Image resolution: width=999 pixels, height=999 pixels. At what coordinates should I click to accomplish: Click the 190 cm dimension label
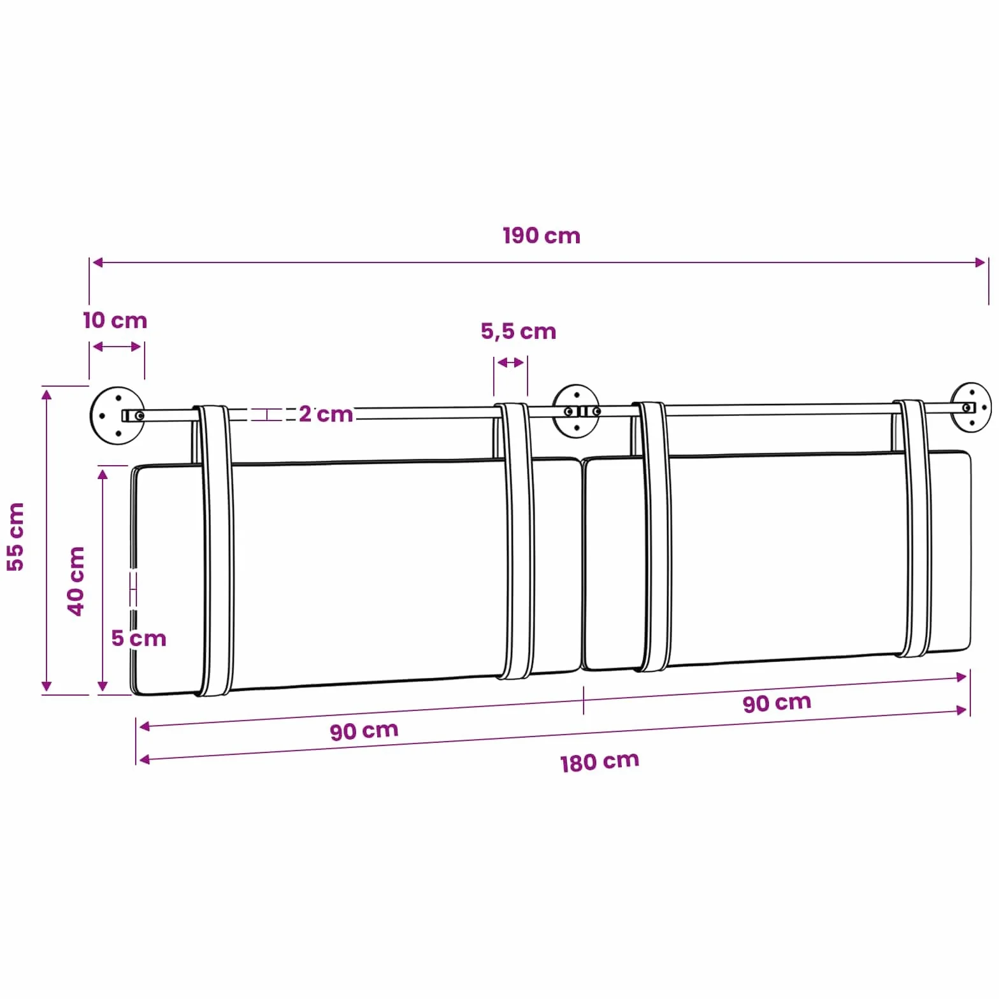(x=542, y=236)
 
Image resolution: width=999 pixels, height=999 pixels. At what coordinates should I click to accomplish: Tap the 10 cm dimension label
(x=115, y=320)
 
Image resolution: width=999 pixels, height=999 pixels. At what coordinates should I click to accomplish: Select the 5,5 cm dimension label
(x=518, y=331)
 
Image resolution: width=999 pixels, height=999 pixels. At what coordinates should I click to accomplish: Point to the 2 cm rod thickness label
(x=326, y=414)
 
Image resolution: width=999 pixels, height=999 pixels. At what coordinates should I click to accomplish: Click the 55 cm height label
(x=15, y=536)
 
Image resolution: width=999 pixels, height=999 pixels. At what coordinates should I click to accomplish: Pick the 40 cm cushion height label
(x=76, y=580)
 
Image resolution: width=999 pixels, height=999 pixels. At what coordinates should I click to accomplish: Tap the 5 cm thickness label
(x=138, y=638)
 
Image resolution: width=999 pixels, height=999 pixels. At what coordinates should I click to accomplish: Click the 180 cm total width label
(x=600, y=762)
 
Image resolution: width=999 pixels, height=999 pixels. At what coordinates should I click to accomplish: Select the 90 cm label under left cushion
(x=364, y=731)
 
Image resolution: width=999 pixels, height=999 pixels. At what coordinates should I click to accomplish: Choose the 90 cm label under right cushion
(x=777, y=703)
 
